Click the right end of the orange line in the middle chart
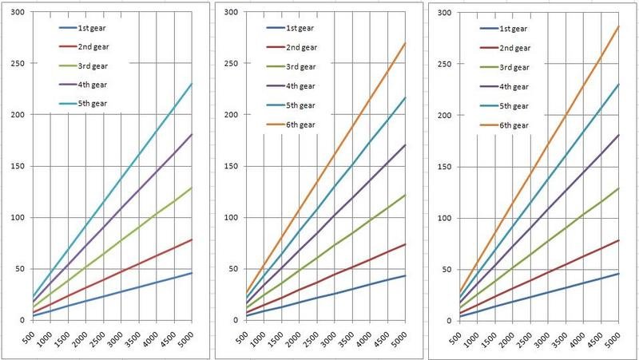pos(406,43)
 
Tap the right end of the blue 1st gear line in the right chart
pos(619,273)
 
